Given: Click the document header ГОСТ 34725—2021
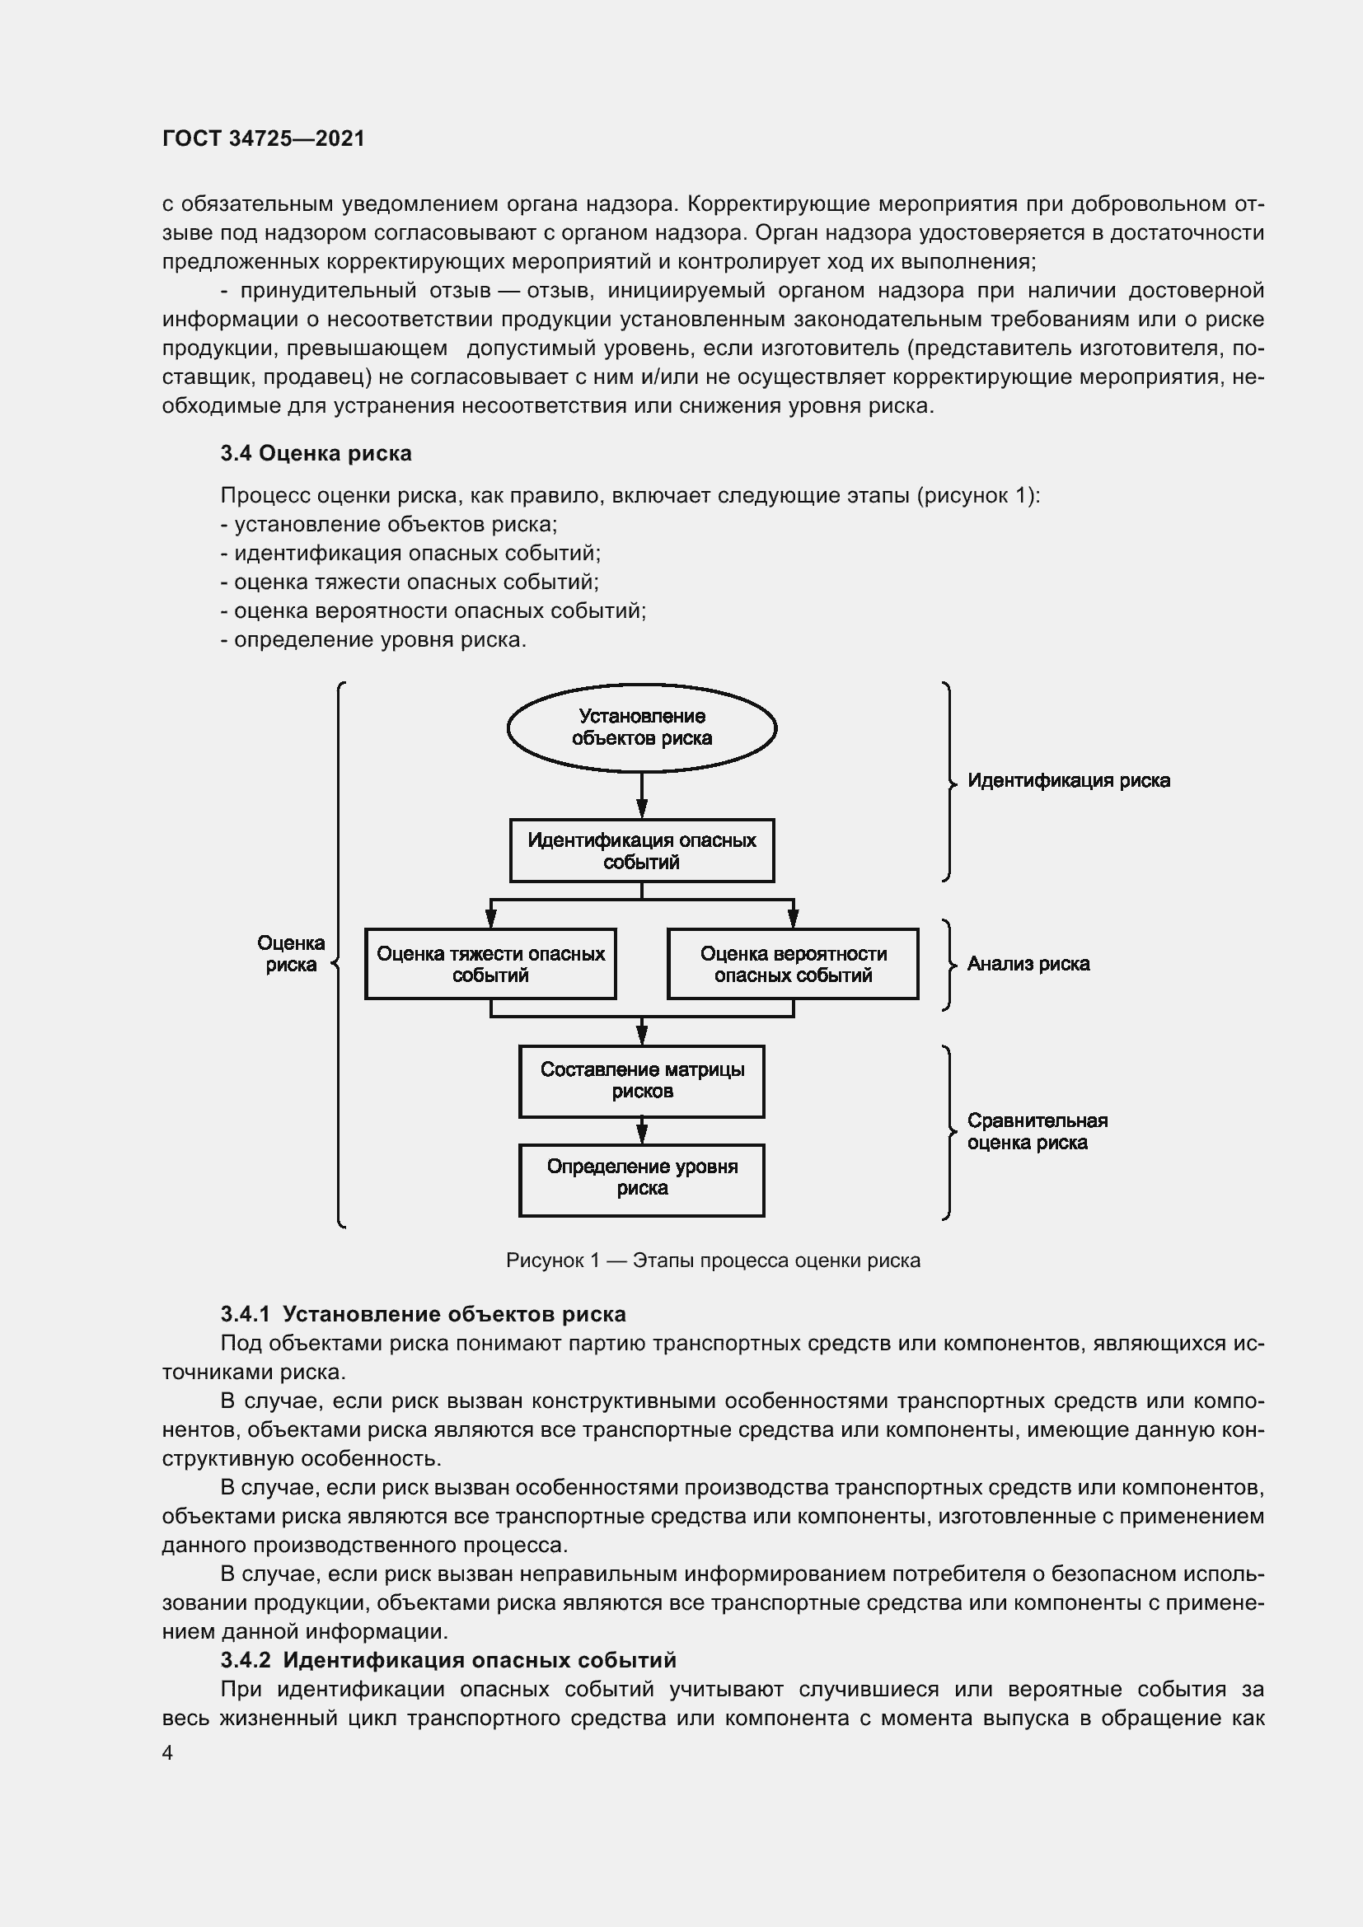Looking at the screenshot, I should pos(264,138).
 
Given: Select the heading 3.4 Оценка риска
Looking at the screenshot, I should pos(316,453).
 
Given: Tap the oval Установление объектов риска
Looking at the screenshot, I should pos(641,727).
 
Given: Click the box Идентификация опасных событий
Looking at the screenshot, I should pos(641,851).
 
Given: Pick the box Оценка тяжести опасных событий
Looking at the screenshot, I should pos(490,965).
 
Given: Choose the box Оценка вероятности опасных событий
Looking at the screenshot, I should pos(792,965).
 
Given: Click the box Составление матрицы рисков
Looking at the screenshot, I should pos(641,1081).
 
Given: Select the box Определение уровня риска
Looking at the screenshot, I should pos(641,1179).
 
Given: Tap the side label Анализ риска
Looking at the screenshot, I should pos(1028,964).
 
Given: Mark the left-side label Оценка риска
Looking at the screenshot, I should pos(290,953).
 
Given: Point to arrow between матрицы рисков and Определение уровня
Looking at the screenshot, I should pos(641,1130).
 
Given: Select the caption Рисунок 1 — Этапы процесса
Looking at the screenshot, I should pos(713,1261).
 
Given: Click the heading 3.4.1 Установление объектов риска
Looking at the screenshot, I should pos(423,1314).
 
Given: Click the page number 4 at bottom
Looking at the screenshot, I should pos(167,1753).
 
